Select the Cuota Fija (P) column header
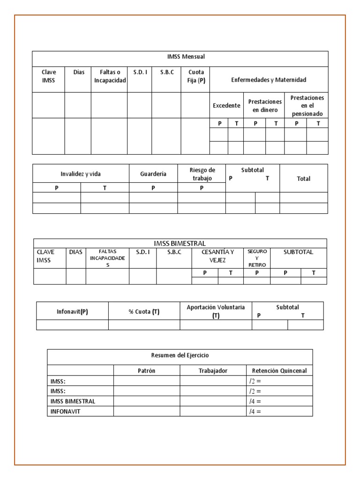(x=195, y=76)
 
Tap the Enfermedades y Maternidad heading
(x=269, y=80)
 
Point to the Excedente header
(x=226, y=105)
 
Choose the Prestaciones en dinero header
(x=265, y=105)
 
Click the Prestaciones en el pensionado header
(x=307, y=105)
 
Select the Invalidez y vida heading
(x=81, y=174)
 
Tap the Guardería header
(x=153, y=174)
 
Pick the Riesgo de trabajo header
(x=202, y=174)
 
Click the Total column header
(x=303, y=179)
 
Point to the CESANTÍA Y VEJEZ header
(x=217, y=256)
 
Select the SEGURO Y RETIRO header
(x=257, y=258)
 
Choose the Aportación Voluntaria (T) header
(x=216, y=311)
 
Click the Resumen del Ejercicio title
(x=180, y=356)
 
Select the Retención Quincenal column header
(x=279, y=371)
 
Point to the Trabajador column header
(x=213, y=371)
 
